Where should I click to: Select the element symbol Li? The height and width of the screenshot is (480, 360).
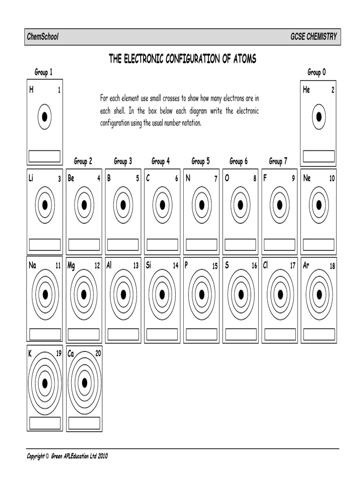point(31,178)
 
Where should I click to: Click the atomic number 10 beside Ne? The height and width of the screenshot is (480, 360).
point(332,179)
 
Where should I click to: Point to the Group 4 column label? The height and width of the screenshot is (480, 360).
point(161,161)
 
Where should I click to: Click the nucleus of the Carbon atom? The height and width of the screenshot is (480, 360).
point(162,205)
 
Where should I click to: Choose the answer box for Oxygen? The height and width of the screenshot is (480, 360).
point(240,245)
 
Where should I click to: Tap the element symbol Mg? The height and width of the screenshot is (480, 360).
point(71,266)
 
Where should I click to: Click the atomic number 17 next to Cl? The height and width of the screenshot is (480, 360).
point(292,266)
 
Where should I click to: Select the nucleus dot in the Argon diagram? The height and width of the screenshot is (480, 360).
point(319,294)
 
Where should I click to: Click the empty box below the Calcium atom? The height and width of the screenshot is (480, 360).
point(84,423)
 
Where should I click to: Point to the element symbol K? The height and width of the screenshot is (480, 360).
point(30,354)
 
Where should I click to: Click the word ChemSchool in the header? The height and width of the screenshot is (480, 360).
point(43,37)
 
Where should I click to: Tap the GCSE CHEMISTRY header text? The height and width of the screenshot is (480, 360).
point(314,37)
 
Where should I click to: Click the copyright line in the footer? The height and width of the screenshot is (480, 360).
point(67,455)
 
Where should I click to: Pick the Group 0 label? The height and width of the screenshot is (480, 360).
point(316,72)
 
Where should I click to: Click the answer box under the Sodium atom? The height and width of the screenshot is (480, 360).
point(45,334)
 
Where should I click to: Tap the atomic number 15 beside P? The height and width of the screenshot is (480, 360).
point(215,266)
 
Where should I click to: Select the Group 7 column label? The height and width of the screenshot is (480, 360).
point(278,161)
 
